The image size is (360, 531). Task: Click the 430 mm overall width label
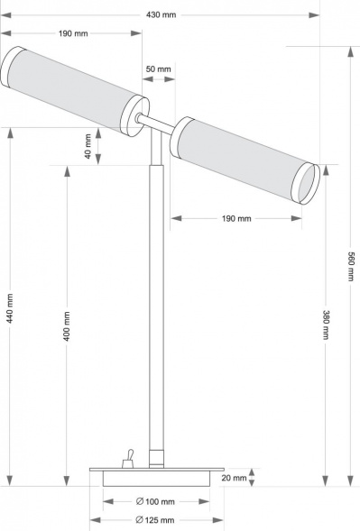click(163, 14)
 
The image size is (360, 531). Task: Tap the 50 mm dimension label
click(157, 69)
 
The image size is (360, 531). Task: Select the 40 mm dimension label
click(88, 147)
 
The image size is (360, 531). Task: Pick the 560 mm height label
click(350, 264)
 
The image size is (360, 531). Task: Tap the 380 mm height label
click(325, 325)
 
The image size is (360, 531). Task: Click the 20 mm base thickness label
click(233, 479)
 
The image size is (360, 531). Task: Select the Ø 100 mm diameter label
click(154, 501)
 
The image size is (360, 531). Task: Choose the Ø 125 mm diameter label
click(154, 520)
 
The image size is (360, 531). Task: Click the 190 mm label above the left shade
click(73, 33)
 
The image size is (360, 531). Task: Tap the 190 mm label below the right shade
click(235, 218)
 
